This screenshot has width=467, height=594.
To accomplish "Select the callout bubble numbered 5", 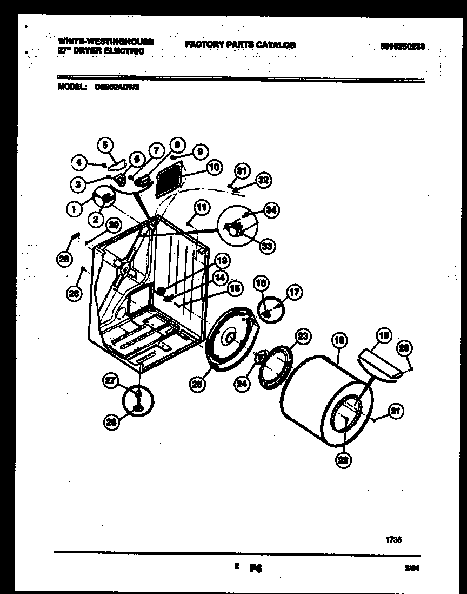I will pos(105,145).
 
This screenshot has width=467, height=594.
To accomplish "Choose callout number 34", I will pos(271,210).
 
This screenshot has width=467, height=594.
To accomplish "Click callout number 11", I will pos(201,207).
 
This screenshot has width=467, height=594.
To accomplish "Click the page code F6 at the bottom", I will pos(255,569).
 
